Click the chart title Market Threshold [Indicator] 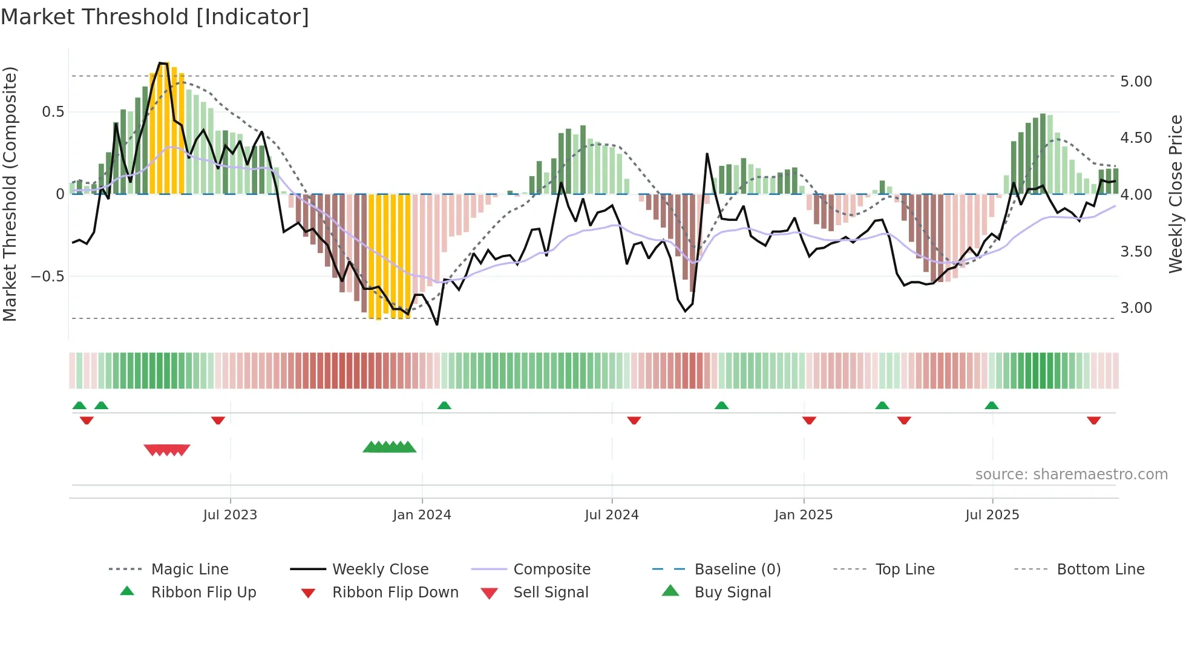pos(155,17)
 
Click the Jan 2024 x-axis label pos(422,515)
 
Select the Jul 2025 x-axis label pos(992,515)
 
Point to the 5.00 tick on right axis pos(1136,82)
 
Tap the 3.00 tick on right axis pos(1136,308)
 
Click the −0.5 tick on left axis pos(47,277)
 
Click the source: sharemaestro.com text pos(1071,475)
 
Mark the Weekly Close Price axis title pos(1175,194)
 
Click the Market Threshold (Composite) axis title pos(10,194)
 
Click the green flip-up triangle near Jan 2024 pos(444,405)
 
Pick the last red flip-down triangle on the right pos(1093,420)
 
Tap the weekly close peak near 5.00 pos(161,63)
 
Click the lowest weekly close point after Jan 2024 pos(437,324)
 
